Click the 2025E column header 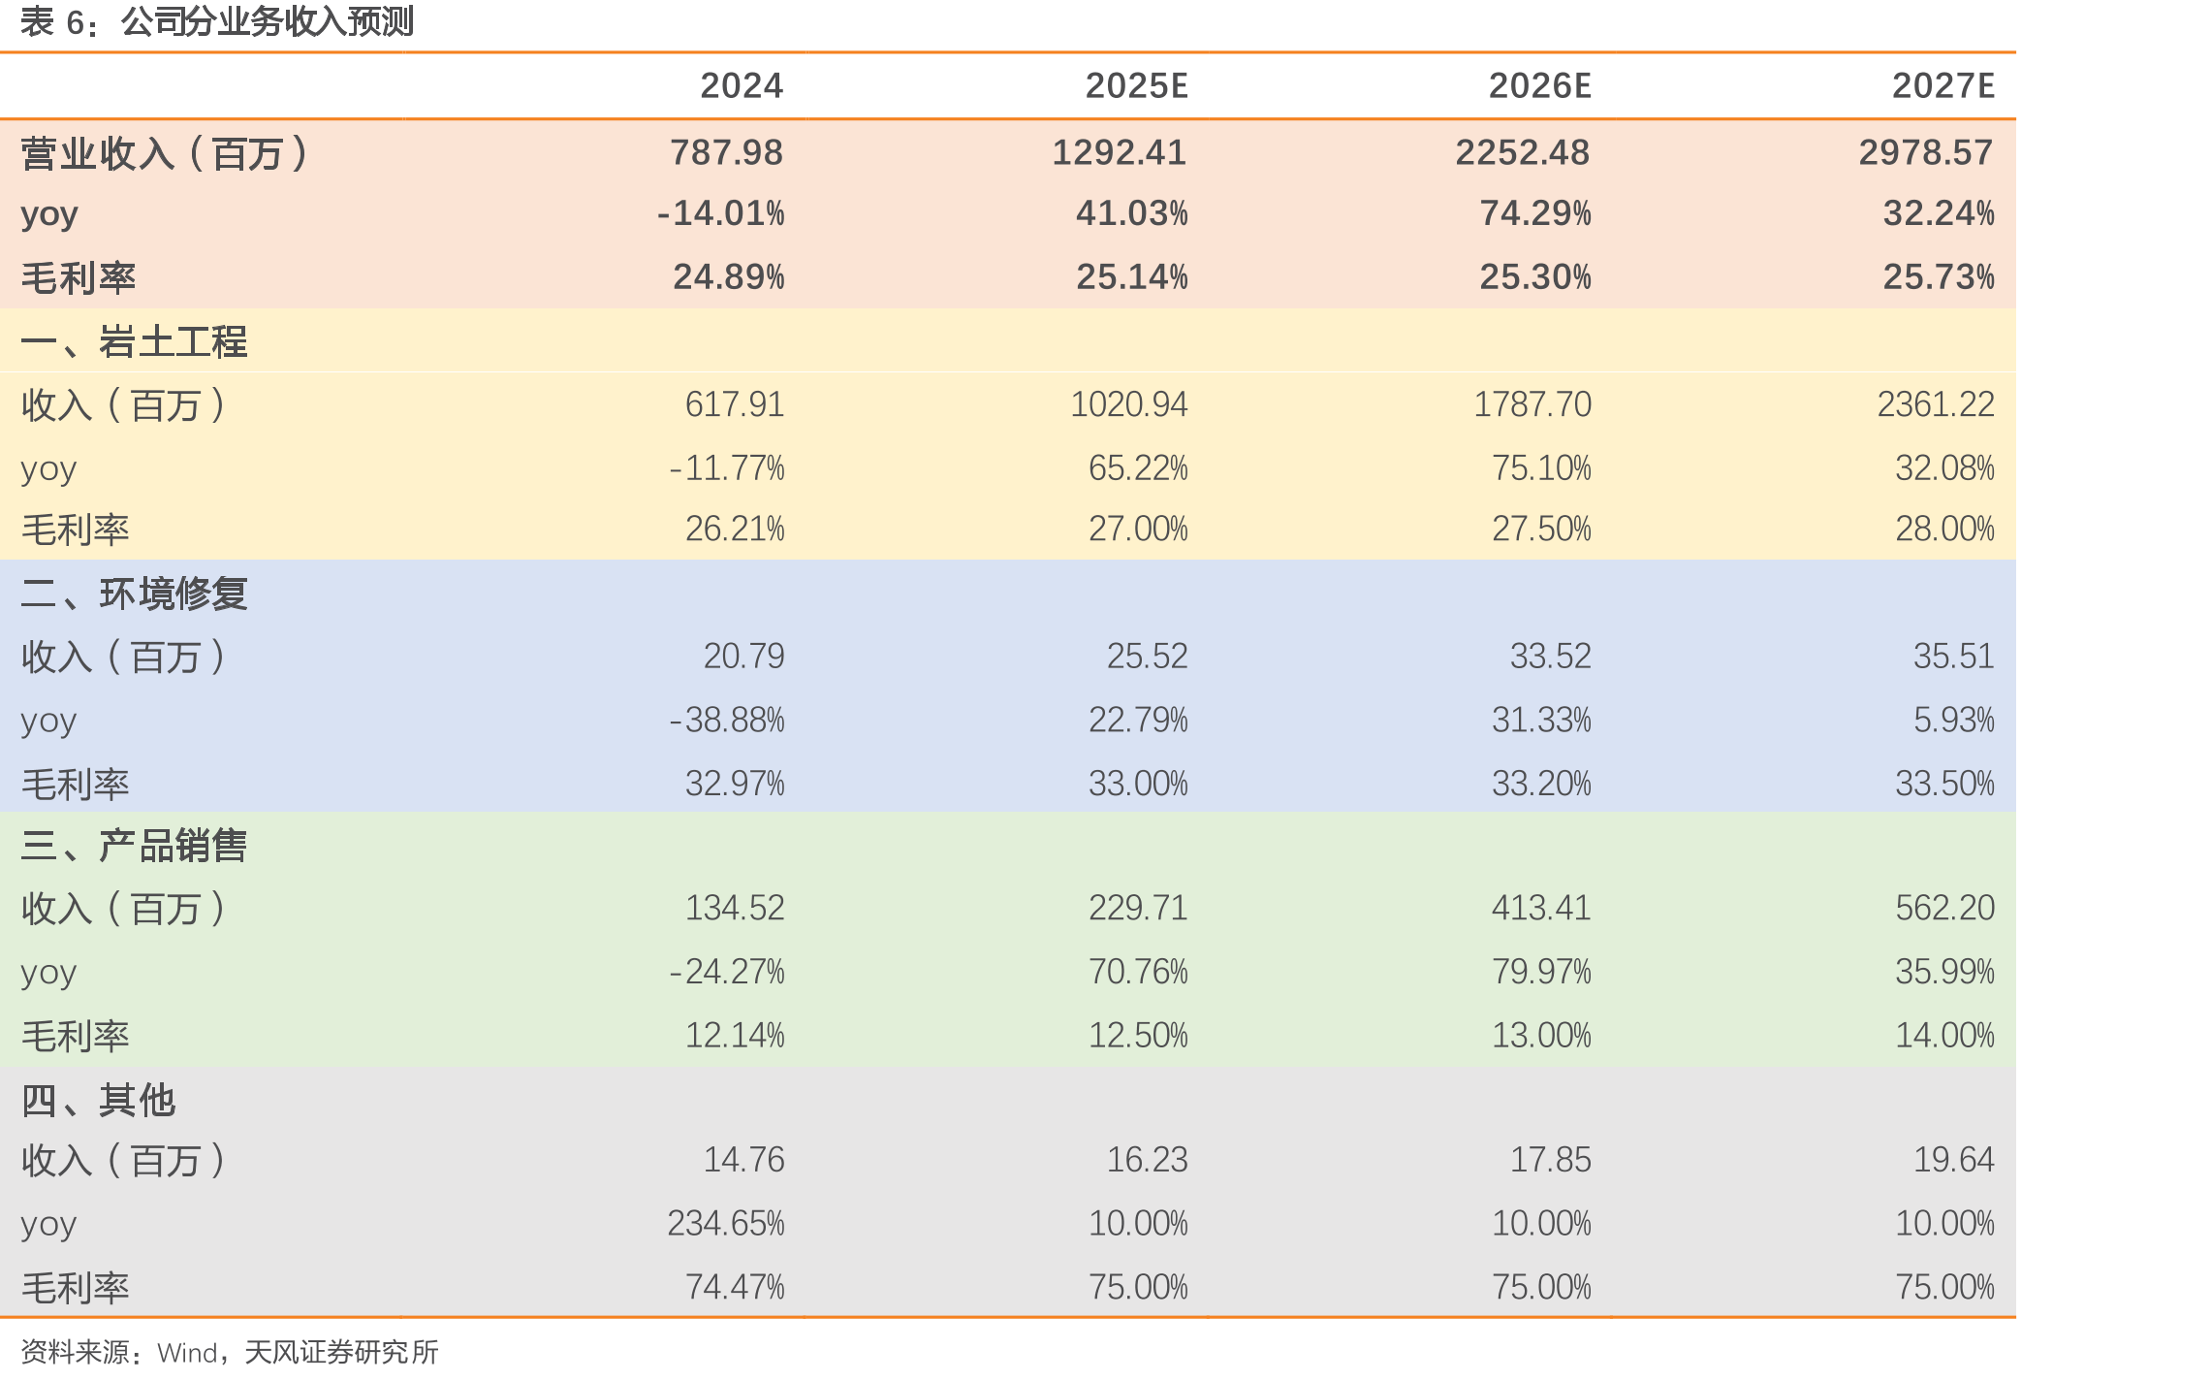point(1136,86)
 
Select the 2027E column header point(1943,86)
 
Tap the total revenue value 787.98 point(727,152)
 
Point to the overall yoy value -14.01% point(721,213)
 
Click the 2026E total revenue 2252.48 point(1523,152)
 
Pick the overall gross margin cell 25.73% point(1939,277)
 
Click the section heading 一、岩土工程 point(134,341)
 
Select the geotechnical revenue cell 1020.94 point(1129,404)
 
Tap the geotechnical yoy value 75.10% point(1541,468)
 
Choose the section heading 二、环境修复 point(134,594)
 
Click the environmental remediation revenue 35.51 point(1954,657)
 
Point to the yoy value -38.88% point(727,721)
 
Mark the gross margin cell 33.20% point(1541,784)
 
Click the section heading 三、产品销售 point(134,846)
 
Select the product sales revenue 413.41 point(1541,909)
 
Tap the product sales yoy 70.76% point(1138,972)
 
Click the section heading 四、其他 point(98,1101)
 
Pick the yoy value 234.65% point(726,1224)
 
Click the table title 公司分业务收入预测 point(268,21)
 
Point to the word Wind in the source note point(187,1353)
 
